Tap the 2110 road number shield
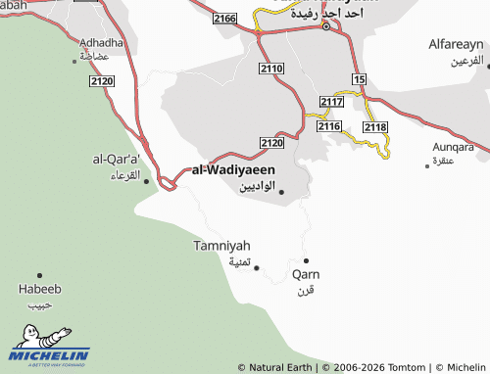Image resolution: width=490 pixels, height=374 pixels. click(x=271, y=68)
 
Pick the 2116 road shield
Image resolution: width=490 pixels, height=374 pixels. click(x=328, y=126)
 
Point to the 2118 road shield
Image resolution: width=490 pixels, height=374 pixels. click(x=375, y=127)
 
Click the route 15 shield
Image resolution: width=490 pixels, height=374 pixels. click(x=360, y=77)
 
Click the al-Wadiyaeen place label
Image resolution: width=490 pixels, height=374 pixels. click(x=233, y=169)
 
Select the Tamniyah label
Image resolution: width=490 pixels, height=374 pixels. click(x=221, y=245)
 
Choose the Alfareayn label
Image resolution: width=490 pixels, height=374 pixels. click(x=457, y=45)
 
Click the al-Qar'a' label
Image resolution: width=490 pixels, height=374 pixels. click(x=117, y=159)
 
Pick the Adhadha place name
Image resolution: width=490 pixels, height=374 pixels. click(x=103, y=43)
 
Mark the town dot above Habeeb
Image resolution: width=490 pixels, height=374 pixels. click(x=40, y=275)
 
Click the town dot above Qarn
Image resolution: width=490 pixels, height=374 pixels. click(x=306, y=260)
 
